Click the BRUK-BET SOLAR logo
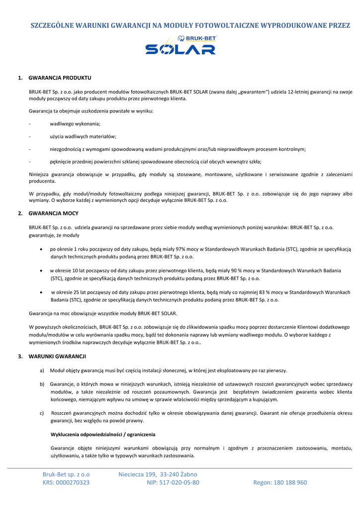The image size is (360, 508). (180, 45)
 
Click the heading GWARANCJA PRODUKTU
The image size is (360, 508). (60, 78)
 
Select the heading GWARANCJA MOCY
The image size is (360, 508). (54, 213)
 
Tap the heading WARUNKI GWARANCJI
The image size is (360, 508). (57, 356)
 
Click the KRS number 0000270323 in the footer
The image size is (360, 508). (73, 482)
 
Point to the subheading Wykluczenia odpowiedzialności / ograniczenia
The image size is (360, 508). (103, 435)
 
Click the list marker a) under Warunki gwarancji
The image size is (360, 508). (42, 371)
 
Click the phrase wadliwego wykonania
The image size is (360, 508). (75, 124)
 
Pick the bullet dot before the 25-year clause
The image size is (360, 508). (41, 292)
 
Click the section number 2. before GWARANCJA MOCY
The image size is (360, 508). (20, 213)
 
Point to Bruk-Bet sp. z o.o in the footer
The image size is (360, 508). (66, 474)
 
